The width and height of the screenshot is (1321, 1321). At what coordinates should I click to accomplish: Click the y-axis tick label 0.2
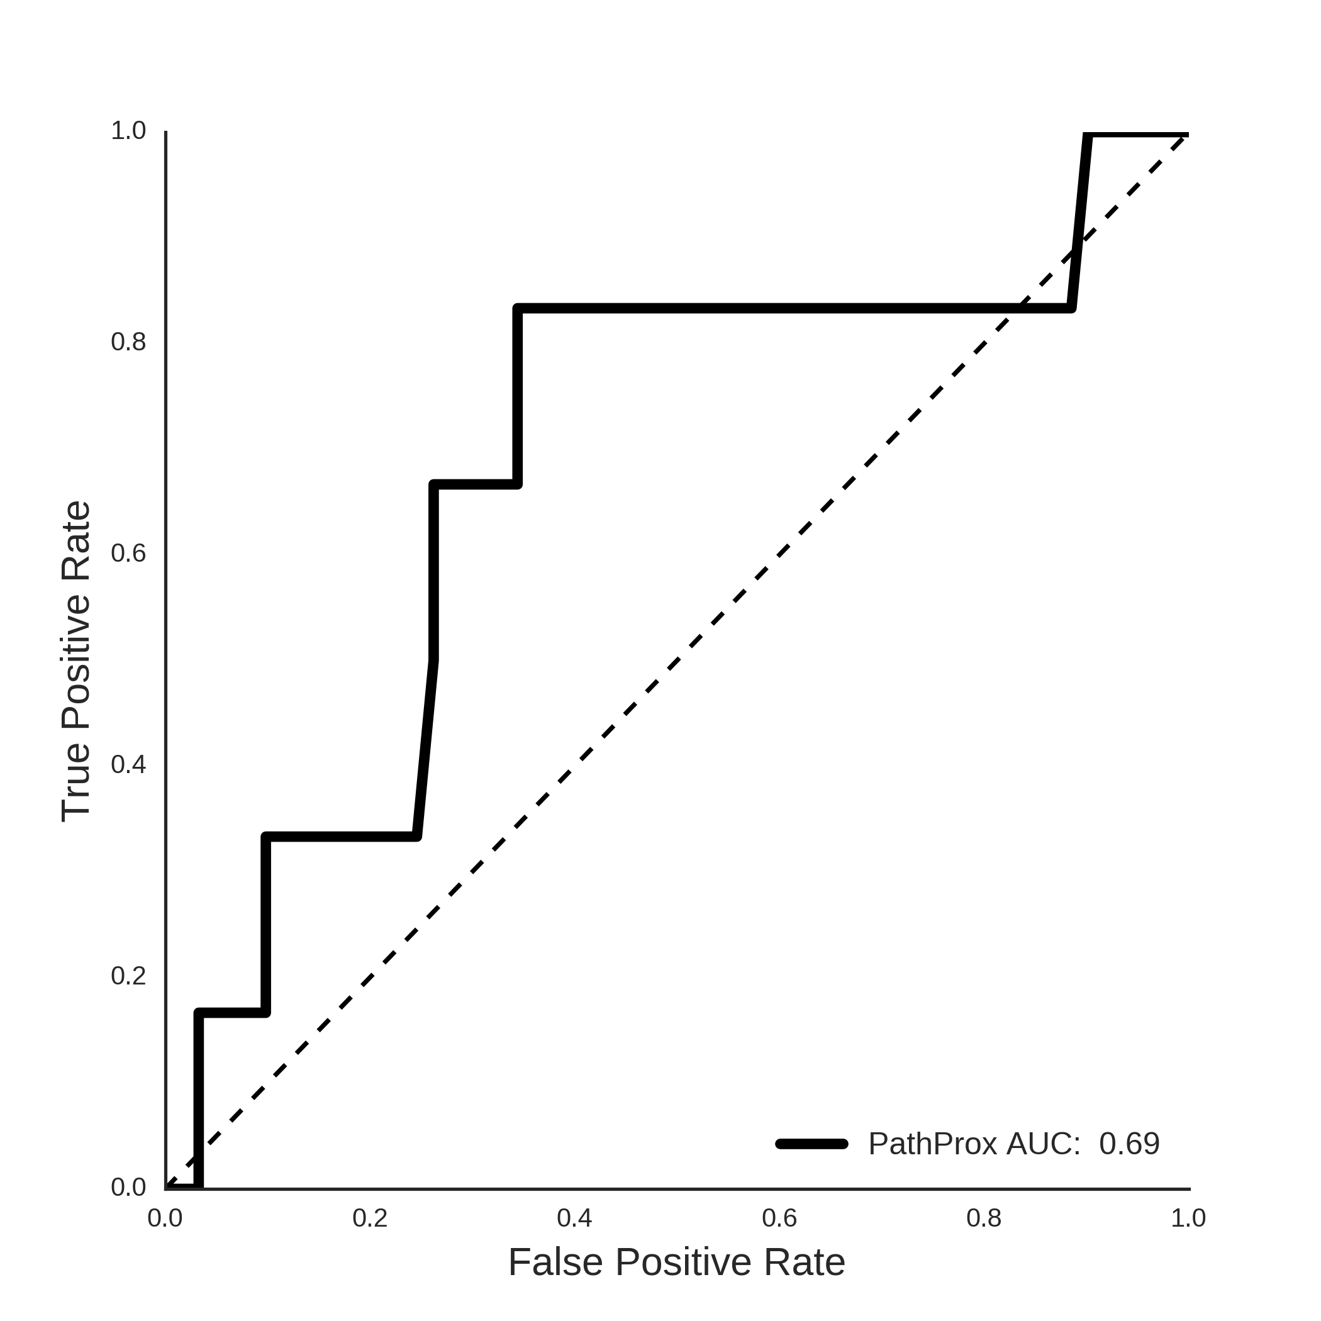coord(128,976)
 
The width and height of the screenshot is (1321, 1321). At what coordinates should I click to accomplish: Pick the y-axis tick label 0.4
coord(128,764)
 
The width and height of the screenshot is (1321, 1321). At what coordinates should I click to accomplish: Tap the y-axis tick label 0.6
coord(128,553)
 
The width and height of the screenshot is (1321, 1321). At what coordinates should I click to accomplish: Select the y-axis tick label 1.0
coord(128,131)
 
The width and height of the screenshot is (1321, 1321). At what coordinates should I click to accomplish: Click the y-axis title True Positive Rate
coord(76,661)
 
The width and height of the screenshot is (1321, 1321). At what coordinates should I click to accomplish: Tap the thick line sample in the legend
coord(812,1143)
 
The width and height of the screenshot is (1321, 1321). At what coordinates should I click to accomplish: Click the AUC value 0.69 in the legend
coord(1130,1144)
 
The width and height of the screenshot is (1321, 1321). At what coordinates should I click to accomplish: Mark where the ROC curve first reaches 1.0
coord(1088,135)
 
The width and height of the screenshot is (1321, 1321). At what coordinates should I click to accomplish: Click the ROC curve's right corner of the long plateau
coord(1071,308)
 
